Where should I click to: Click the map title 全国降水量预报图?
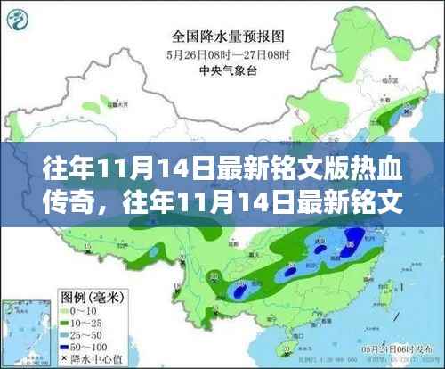(x=218, y=37)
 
